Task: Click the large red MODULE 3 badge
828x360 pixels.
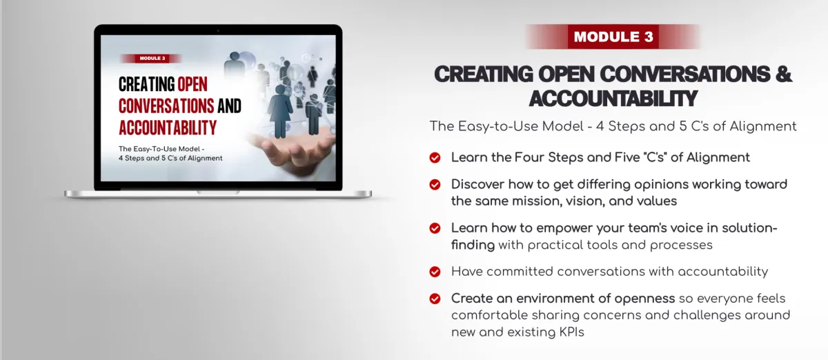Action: tap(613, 37)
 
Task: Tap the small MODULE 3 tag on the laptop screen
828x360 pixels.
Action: tap(152, 59)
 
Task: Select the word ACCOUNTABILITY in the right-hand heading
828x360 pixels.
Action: tap(613, 99)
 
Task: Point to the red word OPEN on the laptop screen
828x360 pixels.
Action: tap(193, 84)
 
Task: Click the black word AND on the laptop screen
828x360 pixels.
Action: tap(229, 106)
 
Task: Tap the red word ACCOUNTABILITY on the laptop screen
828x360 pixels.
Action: tap(168, 128)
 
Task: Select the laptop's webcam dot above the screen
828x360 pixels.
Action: tap(218, 30)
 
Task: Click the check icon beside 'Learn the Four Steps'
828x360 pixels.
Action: tap(435, 158)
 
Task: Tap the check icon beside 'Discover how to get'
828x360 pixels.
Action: tap(435, 184)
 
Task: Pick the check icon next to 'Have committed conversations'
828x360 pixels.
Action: tap(435, 272)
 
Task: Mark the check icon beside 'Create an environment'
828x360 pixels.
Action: tap(435, 299)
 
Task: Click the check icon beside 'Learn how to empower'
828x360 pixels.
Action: tap(435, 228)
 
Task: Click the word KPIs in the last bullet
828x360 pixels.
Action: tap(571, 332)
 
